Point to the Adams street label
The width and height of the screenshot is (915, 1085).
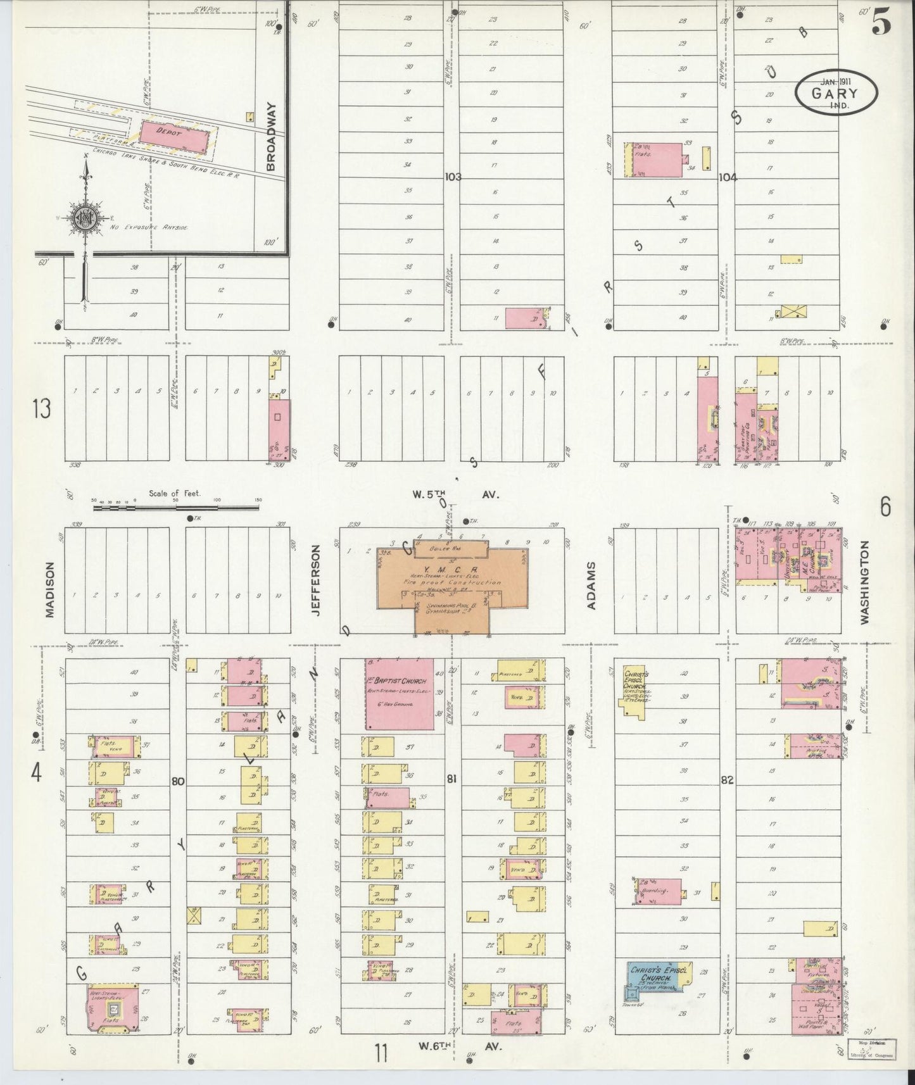[x=592, y=586]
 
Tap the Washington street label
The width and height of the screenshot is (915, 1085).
[x=865, y=582]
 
